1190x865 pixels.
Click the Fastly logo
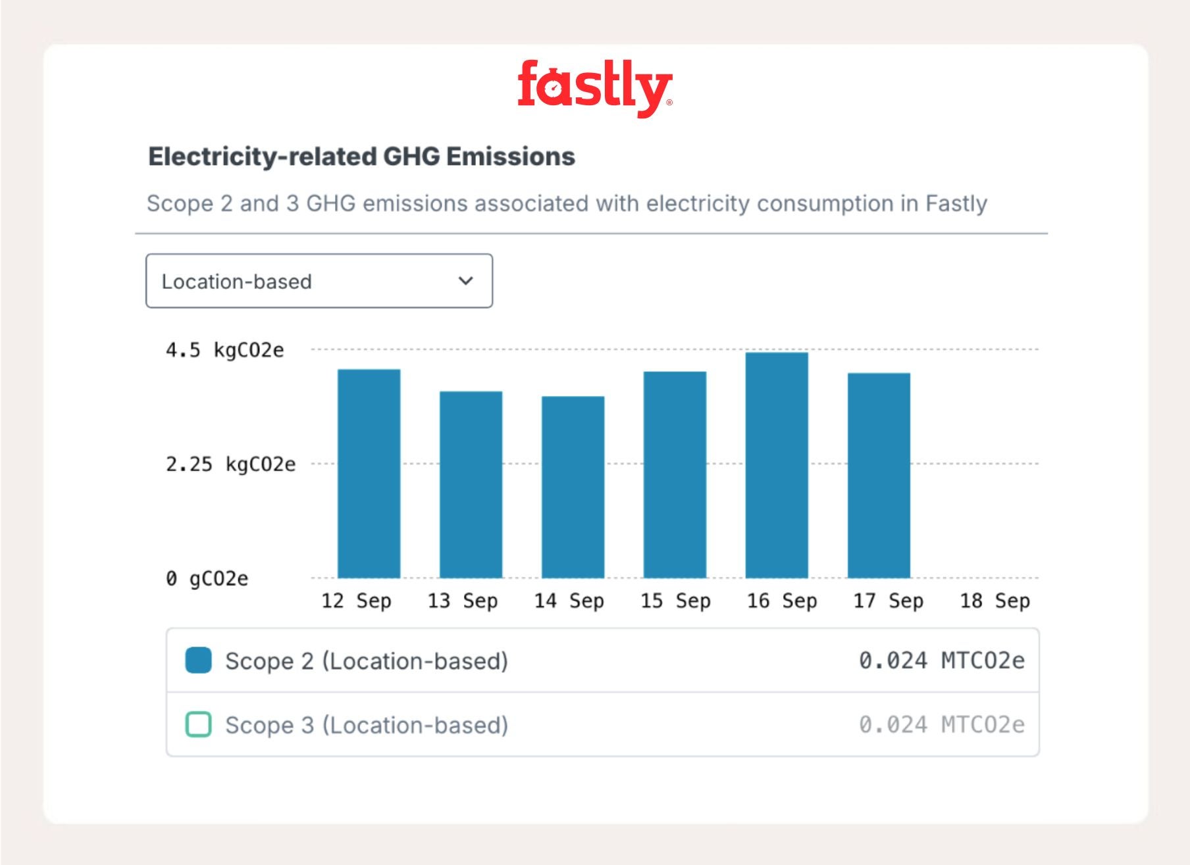click(x=594, y=87)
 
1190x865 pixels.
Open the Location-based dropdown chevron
click(x=466, y=281)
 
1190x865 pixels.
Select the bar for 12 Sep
click(x=369, y=474)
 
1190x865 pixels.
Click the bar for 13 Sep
click(x=471, y=485)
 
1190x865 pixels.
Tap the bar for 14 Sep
click(x=573, y=487)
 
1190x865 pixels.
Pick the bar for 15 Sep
click(x=675, y=475)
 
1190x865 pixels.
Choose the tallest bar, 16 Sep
click(x=777, y=465)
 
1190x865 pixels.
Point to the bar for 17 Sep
click(x=879, y=476)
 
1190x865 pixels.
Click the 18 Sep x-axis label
click(x=995, y=601)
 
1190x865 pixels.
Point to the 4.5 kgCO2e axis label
click(x=224, y=350)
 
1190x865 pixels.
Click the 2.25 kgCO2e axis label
click(x=230, y=464)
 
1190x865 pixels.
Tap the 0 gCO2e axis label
click(x=207, y=579)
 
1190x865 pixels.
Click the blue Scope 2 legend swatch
click(x=198, y=660)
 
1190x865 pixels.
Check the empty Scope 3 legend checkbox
click(x=198, y=724)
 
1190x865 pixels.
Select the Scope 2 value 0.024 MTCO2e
click(x=941, y=660)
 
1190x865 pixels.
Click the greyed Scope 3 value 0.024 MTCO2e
click(x=941, y=724)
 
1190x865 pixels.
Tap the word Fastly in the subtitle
click(x=956, y=204)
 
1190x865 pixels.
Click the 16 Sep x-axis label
click(x=782, y=601)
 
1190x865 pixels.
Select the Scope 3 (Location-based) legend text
click(x=367, y=725)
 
